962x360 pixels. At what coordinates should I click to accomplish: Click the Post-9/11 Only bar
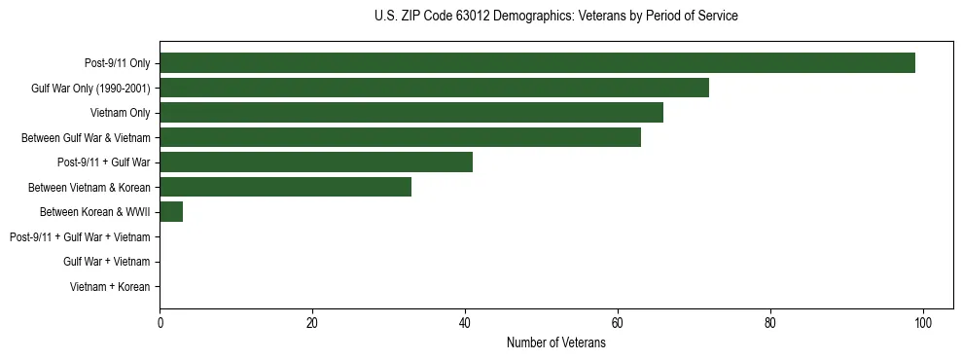point(537,63)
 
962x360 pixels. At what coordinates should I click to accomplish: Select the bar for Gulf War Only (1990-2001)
point(434,88)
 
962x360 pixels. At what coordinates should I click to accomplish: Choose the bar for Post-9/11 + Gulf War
point(316,162)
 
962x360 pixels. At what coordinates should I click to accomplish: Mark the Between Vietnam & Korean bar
point(285,187)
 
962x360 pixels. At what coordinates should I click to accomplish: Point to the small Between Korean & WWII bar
point(171,212)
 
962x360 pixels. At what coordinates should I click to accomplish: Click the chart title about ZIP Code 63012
point(555,17)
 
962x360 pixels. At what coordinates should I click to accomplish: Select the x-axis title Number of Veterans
point(555,342)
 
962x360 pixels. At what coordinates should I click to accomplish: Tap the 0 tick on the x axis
point(160,323)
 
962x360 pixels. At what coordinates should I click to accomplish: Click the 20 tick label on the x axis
point(312,323)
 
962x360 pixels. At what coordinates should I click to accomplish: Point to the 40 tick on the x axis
point(465,323)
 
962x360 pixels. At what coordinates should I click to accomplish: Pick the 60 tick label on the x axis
point(618,323)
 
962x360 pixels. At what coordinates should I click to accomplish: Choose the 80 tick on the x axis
point(770,323)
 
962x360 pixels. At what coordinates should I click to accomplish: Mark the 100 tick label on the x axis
point(923,323)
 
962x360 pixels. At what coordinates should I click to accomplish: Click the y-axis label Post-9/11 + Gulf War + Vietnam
point(80,237)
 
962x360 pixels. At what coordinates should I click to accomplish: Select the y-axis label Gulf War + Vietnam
point(106,262)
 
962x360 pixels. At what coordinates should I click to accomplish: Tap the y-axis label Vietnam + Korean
point(110,287)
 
